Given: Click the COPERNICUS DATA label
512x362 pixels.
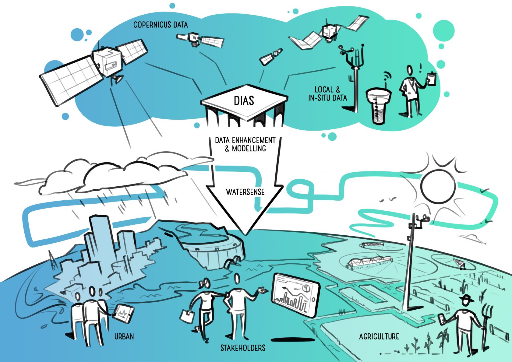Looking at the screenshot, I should pyautogui.click(x=160, y=25).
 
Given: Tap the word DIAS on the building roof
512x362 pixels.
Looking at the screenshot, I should pyautogui.click(x=244, y=101).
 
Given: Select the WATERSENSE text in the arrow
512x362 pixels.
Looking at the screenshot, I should pyautogui.click(x=245, y=192).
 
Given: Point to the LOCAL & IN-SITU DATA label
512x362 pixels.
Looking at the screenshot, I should pyautogui.click(x=327, y=94).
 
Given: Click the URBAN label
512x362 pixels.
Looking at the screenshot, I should pyautogui.click(x=124, y=336).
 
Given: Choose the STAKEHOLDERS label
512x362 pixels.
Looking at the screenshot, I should pyautogui.click(x=243, y=348).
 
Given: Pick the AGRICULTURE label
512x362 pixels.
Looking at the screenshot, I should pyautogui.click(x=379, y=336).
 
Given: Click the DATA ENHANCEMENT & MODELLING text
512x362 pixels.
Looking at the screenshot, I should pyautogui.click(x=245, y=144).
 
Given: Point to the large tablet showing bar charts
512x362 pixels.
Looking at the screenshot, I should pyautogui.click(x=295, y=293).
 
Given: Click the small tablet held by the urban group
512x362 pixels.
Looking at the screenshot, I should pyautogui.click(x=123, y=313).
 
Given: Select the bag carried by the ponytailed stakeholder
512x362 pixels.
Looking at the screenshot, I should pyautogui.click(x=187, y=316).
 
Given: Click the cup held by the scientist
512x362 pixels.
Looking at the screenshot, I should pyautogui.click(x=432, y=78).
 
